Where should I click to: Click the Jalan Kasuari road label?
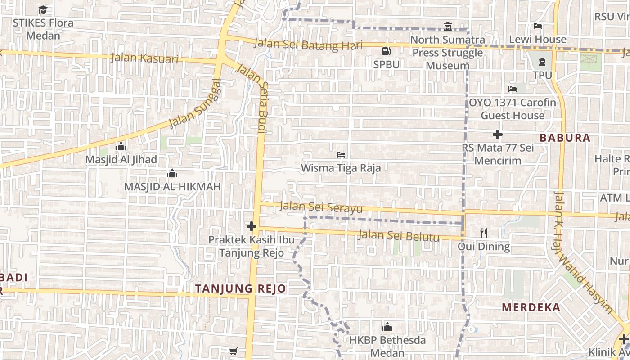point(144,58)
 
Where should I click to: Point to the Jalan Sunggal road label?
point(196,103)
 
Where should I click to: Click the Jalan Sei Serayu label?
point(321,207)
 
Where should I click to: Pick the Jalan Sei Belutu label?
point(398,235)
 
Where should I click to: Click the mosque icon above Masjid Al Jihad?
point(121,147)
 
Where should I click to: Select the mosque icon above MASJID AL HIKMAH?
point(172,174)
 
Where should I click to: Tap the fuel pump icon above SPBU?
point(386,51)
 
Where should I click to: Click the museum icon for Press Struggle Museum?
point(447,26)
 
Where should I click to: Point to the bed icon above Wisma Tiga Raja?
point(341,155)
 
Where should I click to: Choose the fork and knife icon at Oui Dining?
point(484,233)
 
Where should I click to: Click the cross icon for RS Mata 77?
point(497,134)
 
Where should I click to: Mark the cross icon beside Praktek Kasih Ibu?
point(252,226)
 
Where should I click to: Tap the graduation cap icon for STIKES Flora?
point(43,9)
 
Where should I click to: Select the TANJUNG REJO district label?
point(241,289)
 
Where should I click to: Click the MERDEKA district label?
point(531,308)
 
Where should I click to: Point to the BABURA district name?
point(565,138)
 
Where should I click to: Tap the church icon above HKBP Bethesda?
point(387,327)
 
